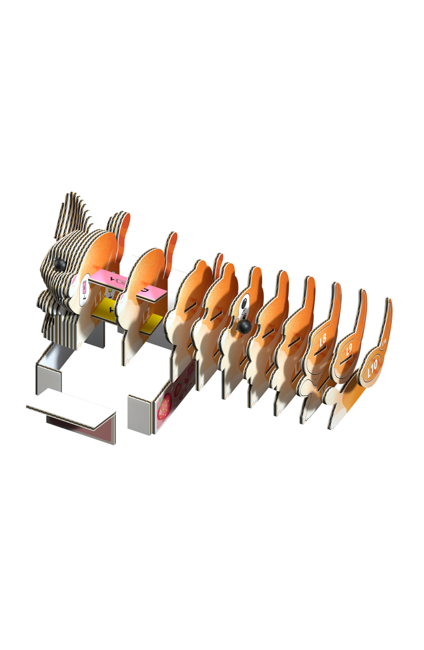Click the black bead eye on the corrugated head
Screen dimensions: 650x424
[59, 264]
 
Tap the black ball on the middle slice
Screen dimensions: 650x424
[245, 326]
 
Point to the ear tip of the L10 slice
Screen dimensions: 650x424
[389, 302]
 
